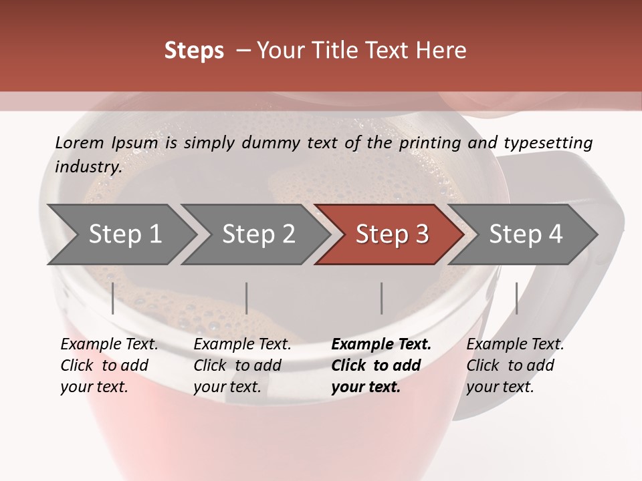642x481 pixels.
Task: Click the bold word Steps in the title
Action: (194, 51)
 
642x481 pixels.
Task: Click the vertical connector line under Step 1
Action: (113, 298)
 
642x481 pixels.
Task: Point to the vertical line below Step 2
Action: (247, 298)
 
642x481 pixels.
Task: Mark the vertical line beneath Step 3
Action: (381, 298)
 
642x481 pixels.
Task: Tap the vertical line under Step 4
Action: (516, 298)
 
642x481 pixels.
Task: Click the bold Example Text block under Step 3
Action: (381, 365)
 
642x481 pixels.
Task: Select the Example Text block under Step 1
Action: (109, 365)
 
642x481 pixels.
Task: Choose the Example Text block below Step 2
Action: (242, 365)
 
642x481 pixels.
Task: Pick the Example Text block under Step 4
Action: (515, 365)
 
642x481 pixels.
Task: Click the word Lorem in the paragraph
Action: (80, 142)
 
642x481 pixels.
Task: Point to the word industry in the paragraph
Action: (88, 166)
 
